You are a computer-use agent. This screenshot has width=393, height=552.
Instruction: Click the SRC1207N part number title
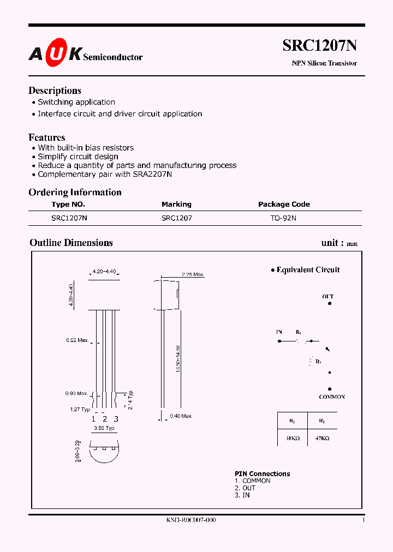[x=319, y=46]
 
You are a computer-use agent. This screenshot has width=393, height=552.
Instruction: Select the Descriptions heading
[x=55, y=91]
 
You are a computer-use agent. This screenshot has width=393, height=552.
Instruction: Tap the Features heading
[x=47, y=137]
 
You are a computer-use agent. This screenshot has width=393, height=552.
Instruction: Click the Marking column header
[x=176, y=204]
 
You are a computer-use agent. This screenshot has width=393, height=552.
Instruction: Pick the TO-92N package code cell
[x=283, y=217]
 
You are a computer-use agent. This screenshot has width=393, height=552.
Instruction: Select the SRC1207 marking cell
[x=176, y=217]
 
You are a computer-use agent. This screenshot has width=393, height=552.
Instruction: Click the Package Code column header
[x=284, y=204]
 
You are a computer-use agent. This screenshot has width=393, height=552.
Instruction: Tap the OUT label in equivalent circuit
[x=327, y=297]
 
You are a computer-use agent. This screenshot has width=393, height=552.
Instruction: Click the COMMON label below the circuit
[x=332, y=397]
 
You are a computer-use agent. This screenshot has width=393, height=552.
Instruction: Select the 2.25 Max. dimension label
[x=192, y=274]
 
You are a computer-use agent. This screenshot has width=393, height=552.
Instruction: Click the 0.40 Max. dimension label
[x=181, y=416]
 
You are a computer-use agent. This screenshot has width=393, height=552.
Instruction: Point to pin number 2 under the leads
[x=104, y=419]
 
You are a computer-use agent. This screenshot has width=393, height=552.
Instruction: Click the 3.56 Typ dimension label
[x=103, y=428]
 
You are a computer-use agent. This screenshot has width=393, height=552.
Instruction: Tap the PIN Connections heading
[x=262, y=473]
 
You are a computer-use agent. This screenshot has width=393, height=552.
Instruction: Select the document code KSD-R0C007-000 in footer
[x=190, y=520]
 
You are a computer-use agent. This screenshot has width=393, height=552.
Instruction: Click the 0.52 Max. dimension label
[x=77, y=340]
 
